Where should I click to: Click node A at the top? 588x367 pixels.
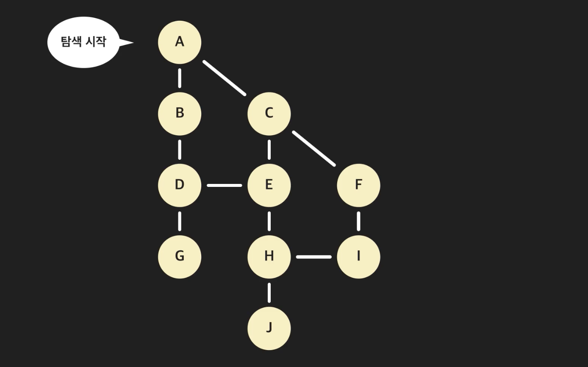click(x=180, y=42)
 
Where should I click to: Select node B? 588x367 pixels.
click(x=180, y=114)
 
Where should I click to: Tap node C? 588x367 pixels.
click(x=269, y=114)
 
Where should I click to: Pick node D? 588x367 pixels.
click(x=180, y=185)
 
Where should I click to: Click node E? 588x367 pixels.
click(x=269, y=185)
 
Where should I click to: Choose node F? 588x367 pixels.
click(x=358, y=185)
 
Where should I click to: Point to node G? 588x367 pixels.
click(x=180, y=257)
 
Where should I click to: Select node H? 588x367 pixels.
click(x=269, y=257)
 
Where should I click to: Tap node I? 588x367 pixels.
click(x=358, y=257)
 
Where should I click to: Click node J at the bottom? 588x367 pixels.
click(x=269, y=328)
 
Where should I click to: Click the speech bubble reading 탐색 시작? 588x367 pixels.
click(x=84, y=42)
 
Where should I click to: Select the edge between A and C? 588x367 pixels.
click(x=225, y=78)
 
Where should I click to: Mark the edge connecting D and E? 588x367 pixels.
click(x=225, y=185)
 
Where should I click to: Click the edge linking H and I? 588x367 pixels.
click(x=314, y=257)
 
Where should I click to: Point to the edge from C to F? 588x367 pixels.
click(x=314, y=149)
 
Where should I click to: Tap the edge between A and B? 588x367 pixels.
click(x=180, y=78)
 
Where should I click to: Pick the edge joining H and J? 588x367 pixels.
click(x=269, y=293)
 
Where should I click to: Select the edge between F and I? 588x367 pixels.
click(x=358, y=221)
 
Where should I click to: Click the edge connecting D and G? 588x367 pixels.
click(x=180, y=221)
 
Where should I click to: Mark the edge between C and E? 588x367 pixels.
click(x=269, y=150)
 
